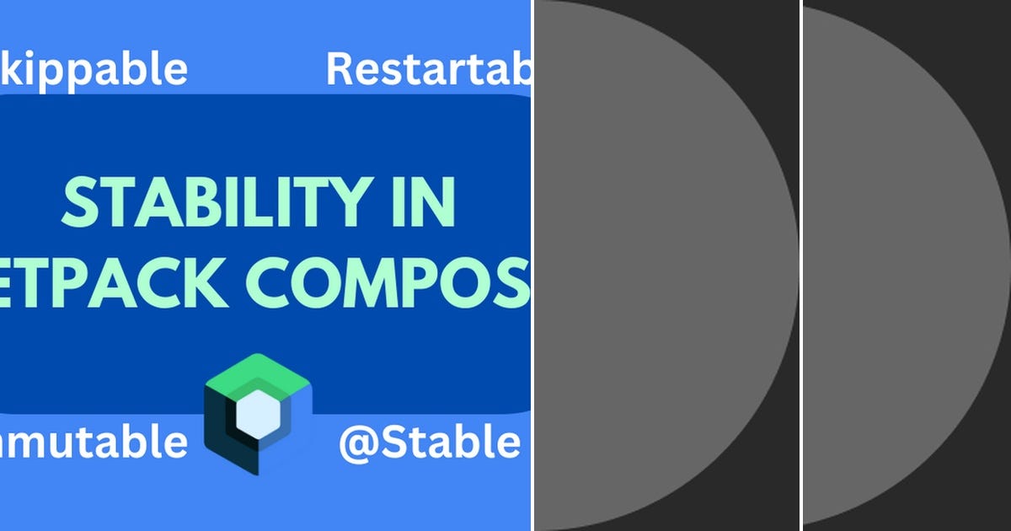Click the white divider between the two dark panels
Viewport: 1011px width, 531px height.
tap(800, 265)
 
